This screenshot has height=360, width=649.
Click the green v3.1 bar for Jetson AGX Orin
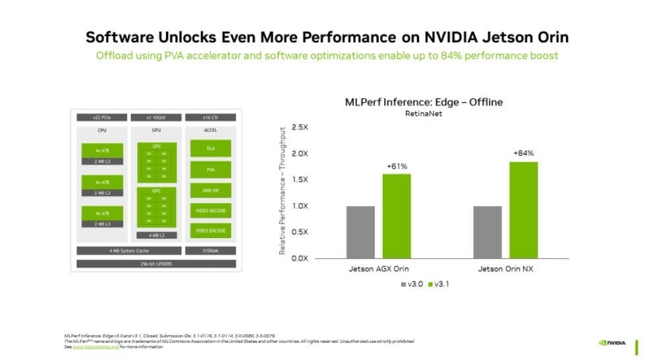(396, 216)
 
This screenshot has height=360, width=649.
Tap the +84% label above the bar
(523, 153)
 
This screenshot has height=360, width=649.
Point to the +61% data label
(396, 165)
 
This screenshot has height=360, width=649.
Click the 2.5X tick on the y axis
(300, 127)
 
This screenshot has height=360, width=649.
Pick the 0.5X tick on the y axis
(300, 231)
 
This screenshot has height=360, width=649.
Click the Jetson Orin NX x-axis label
(505, 270)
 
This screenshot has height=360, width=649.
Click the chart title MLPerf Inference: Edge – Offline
(424, 102)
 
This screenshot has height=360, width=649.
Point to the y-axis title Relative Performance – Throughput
(282, 192)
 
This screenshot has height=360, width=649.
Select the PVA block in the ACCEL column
(210, 170)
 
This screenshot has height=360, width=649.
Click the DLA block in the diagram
(210, 150)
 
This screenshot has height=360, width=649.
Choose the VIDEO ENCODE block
(210, 231)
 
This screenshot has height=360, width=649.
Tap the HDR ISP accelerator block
(210, 191)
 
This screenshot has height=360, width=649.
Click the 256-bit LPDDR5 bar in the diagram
(155, 264)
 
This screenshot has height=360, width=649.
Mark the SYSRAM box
(210, 251)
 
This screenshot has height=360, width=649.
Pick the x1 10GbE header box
(156, 117)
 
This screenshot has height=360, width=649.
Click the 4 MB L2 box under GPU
(156, 235)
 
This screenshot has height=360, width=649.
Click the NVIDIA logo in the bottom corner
(612, 342)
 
